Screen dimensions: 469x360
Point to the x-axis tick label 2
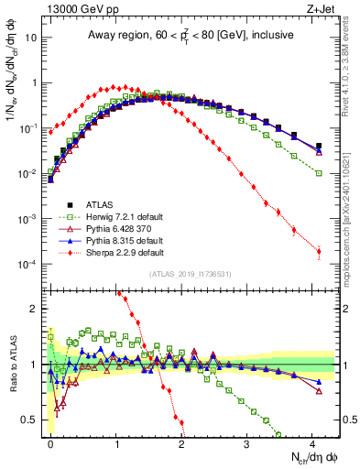click(x=181, y=443)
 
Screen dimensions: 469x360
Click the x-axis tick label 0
click(x=51, y=443)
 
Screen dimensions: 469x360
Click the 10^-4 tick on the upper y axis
click(x=27, y=265)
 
